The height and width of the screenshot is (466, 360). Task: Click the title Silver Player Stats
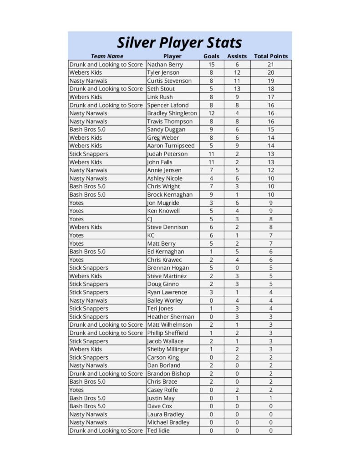pyautogui.click(x=179, y=43)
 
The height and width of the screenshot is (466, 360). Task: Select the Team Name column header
pyautogui.click(x=107, y=56)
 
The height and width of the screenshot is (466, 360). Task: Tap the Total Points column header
pyautogui.click(x=271, y=56)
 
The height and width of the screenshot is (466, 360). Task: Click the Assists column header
pyautogui.click(x=237, y=56)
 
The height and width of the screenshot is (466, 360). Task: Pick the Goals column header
pyautogui.click(x=211, y=56)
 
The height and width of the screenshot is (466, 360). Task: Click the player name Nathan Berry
pyautogui.click(x=165, y=65)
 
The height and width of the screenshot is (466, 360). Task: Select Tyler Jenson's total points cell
pyautogui.click(x=271, y=73)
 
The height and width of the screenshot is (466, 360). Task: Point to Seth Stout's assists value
pyautogui.click(x=237, y=89)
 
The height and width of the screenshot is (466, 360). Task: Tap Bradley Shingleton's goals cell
pyautogui.click(x=211, y=113)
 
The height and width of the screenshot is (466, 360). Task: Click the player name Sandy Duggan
pyautogui.click(x=166, y=130)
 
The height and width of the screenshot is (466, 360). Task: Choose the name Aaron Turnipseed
pyautogui.click(x=171, y=146)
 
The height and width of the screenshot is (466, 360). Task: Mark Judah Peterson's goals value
pyautogui.click(x=211, y=154)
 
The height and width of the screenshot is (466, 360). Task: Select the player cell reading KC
pyautogui.click(x=151, y=235)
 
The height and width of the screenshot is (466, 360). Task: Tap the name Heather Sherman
pyautogui.click(x=170, y=317)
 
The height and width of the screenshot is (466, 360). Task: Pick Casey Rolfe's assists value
pyautogui.click(x=237, y=390)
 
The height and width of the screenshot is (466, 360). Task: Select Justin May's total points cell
pyautogui.click(x=271, y=398)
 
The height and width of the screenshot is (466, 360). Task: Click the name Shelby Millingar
pyautogui.click(x=168, y=349)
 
